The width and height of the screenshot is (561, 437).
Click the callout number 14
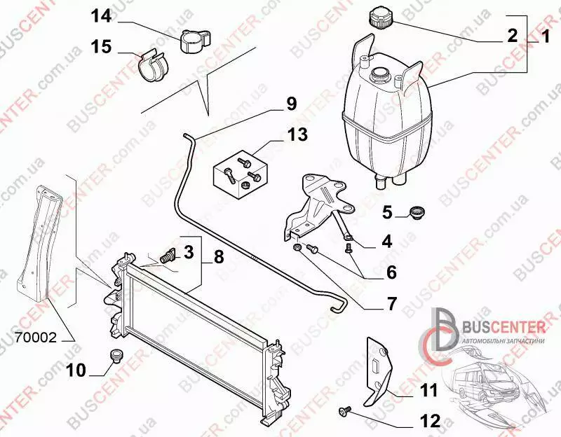(101, 16)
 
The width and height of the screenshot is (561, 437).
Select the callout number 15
(101, 47)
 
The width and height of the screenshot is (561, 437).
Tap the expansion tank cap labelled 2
(380, 18)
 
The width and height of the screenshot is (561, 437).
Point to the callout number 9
(291, 104)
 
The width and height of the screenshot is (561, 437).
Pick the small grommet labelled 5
(416, 213)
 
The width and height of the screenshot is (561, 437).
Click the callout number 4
(387, 242)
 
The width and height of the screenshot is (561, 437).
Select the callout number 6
(392, 272)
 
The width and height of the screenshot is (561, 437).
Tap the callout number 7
(393, 304)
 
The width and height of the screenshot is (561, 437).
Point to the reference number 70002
(36, 338)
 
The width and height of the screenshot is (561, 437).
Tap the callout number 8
(219, 257)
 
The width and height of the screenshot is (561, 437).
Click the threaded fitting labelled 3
(167, 256)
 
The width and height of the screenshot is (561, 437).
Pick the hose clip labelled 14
(194, 41)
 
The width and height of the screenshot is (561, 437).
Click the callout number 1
(544, 37)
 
